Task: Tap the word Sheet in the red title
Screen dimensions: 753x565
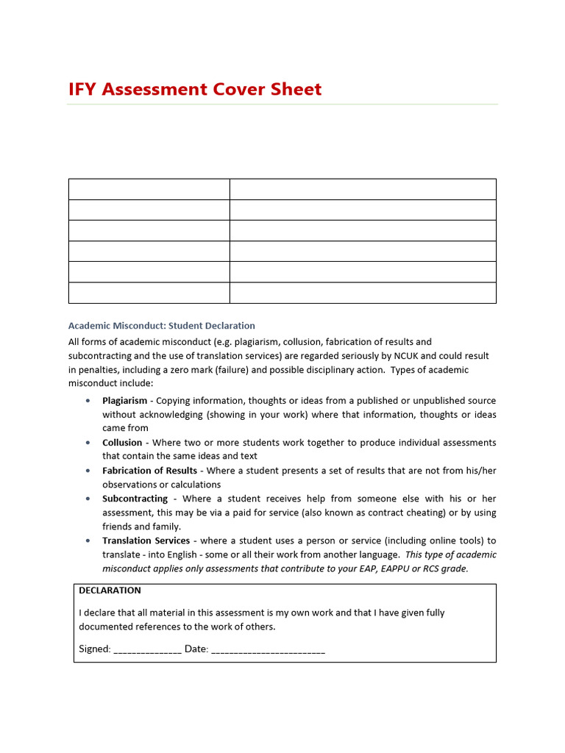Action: [294, 90]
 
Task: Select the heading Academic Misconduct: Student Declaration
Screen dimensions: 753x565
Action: [162, 325]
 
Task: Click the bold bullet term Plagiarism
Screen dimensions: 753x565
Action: [125, 401]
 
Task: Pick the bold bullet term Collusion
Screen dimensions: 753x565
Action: [122, 443]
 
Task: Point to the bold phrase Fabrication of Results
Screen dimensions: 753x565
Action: [149, 471]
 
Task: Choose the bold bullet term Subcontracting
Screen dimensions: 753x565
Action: [135, 499]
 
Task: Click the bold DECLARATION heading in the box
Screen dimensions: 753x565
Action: [110, 590]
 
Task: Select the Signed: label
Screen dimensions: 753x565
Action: [95, 649]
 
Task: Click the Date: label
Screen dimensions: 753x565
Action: [196, 649]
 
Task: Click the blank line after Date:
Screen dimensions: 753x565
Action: [268, 650]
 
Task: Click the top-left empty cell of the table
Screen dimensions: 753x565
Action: [149, 189]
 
